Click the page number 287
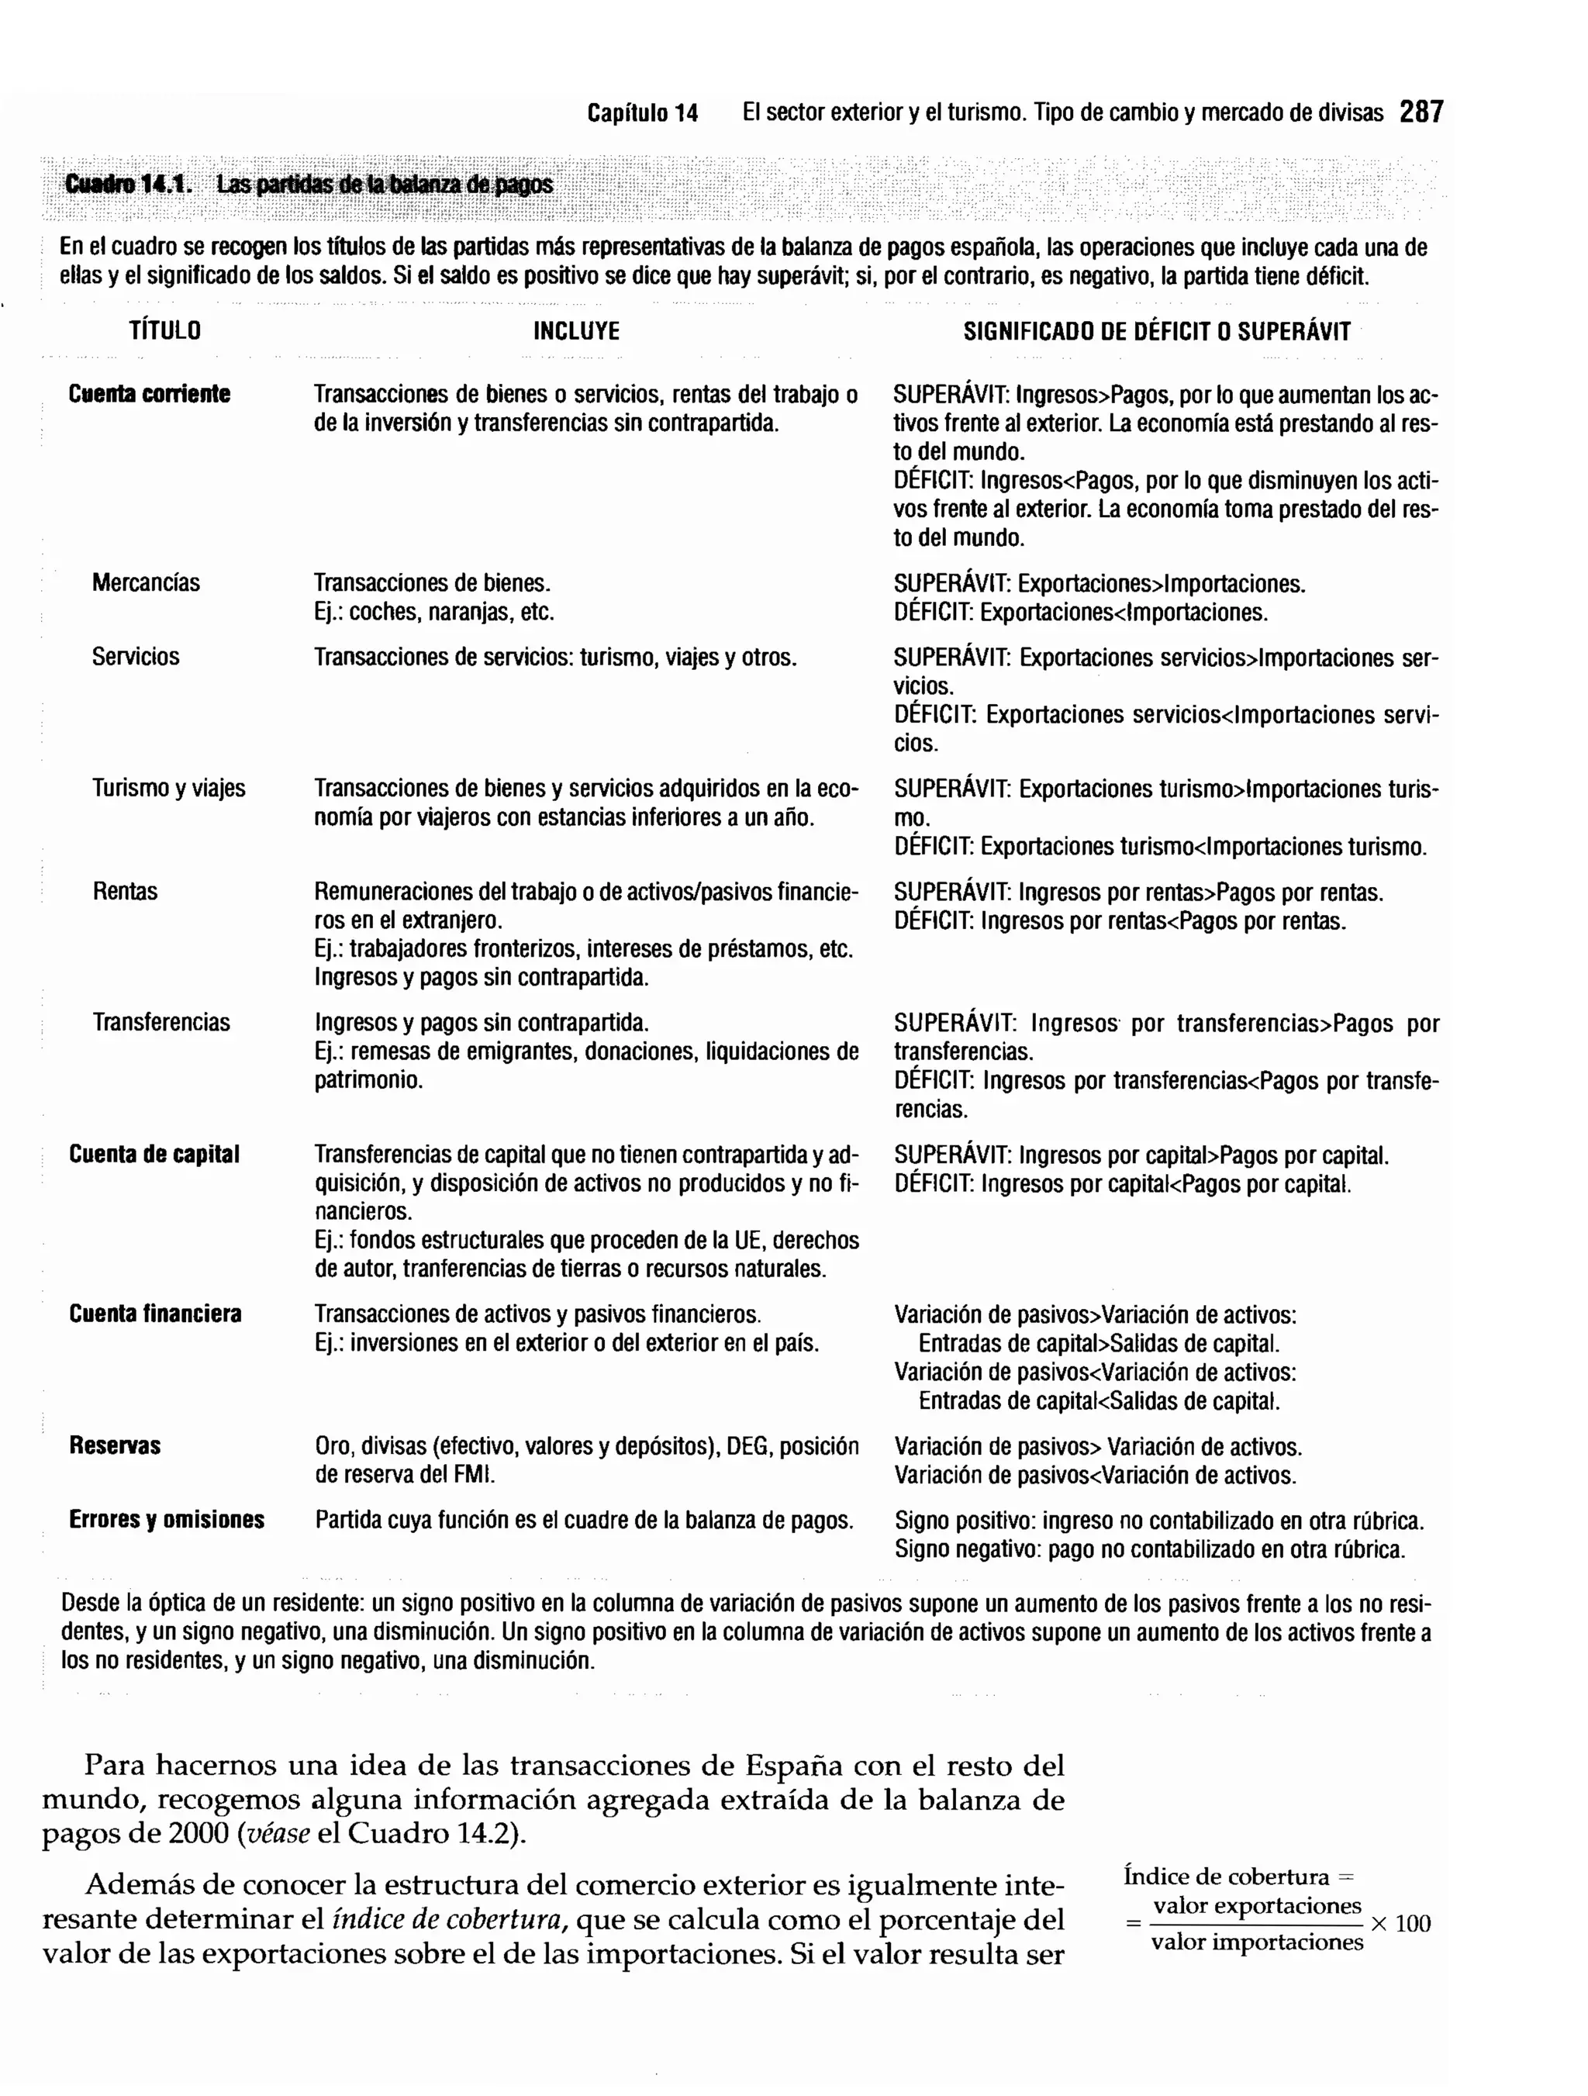[1421, 112]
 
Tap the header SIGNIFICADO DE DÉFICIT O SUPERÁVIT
[1157, 332]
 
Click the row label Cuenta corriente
[149, 394]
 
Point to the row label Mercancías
[146, 583]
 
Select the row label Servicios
[136, 657]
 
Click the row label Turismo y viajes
[169, 789]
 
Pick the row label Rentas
[125, 892]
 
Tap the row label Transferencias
[161, 1023]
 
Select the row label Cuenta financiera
[155, 1314]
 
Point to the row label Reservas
[115, 1446]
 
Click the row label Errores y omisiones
[167, 1520]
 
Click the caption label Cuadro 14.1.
[127, 185]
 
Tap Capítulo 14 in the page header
[642, 114]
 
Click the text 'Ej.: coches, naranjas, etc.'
[434, 612]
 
